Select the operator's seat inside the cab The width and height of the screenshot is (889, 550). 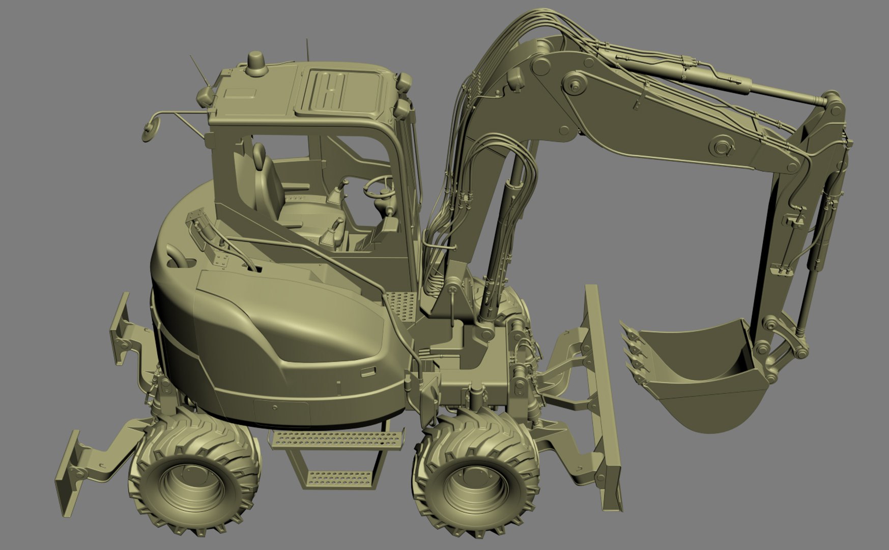[x=269, y=178]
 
